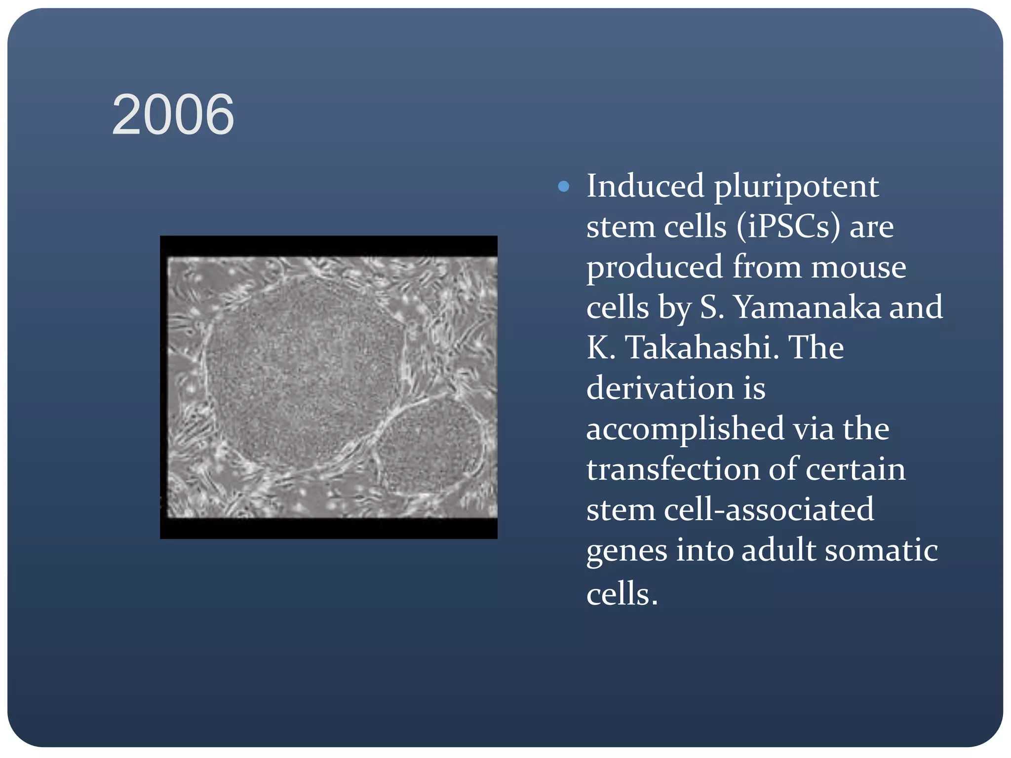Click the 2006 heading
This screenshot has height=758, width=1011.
click(173, 115)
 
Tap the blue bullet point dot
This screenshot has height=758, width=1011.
click(563, 187)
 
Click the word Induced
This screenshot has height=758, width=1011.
click(645, 187)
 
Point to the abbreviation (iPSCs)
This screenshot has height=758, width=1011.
click(788, 227)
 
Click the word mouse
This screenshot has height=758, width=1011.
click(858, 267)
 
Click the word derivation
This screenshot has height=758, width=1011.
click(660, 388)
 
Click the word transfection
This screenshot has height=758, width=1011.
click(672, 469)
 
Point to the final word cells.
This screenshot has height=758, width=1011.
click(622, 594)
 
